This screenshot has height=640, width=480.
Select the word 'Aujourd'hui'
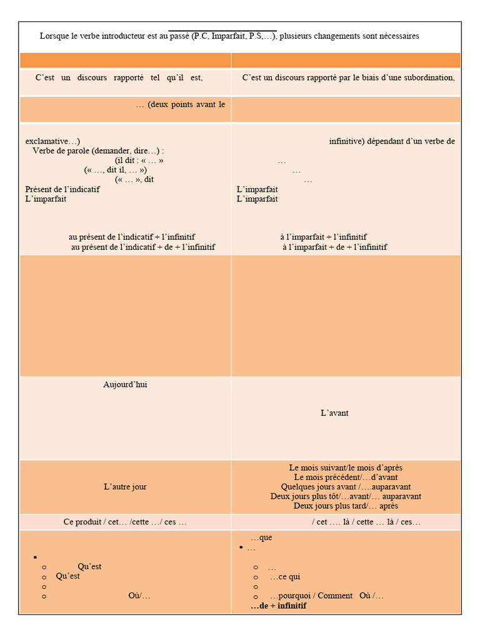(x=125, y=384)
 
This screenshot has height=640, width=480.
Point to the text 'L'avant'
(x=334, y=413)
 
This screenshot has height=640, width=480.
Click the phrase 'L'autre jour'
(x=125, y=487)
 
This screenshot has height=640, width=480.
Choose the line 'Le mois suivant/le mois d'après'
(x=346, y=467)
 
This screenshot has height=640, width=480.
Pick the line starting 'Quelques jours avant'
(x=346, y=487)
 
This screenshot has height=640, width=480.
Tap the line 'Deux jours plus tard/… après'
(x=346, y=506)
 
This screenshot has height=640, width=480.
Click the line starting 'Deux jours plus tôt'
(x=346, y=496)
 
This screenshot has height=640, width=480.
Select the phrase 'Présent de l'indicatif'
(x=62, y=189)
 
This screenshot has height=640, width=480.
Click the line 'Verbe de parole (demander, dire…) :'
(x=98, y=151)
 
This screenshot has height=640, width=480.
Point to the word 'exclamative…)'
(x=52, y=141)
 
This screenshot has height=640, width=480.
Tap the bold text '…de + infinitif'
(x=278, y=606)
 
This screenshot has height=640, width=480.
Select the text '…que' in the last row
(x=261, y=537)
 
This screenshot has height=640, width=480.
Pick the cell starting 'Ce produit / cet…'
(x=125, y=522)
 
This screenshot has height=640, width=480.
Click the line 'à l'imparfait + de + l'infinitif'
(x=334, y=247)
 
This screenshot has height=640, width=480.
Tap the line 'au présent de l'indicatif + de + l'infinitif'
(x=143, y=247)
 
